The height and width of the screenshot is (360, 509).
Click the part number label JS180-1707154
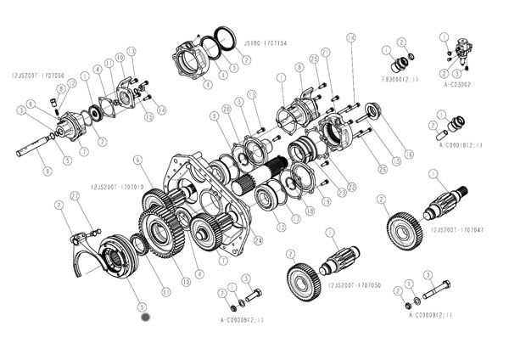click(265, 42)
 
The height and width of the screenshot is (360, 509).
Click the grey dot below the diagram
click(145, 318)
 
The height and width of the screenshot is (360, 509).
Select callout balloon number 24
click(259, 239)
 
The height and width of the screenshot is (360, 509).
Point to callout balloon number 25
click(314, 59)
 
